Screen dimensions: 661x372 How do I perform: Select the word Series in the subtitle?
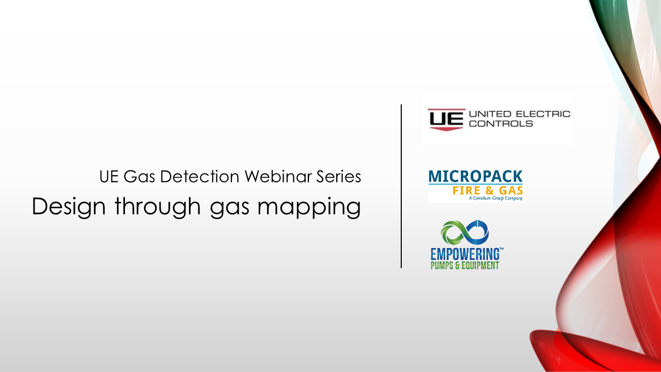pyautogui.click(x=339, y=177)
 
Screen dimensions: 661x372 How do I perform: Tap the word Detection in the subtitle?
pyautogui.click(x=199, y=177)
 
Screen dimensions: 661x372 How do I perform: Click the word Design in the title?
pyautogui.click(x=69, y=207)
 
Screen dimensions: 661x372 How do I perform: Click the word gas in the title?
pyautogui.click(x=230, y=209)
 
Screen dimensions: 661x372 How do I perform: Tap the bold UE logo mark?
pyautogui.click(x=446, y=119)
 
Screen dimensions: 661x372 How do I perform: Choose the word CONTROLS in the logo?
pyautogui.click(x=501, y=123)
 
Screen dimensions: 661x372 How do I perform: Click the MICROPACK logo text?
pyautogui.click(x=476, y=176)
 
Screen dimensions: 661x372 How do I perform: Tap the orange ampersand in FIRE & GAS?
pyautogui.click(x=489, y=191)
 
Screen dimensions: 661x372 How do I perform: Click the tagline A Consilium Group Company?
pyautogui.click(x=496, y=198)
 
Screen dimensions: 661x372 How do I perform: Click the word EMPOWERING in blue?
pyautogui.click(x=465, y=254)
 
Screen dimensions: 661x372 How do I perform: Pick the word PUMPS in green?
pyautogui.click(x=442, y=266)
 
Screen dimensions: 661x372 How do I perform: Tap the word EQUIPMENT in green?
pyautogui.click(x=480, y=266)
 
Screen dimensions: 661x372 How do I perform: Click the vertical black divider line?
pyautogui.click(x=401, y=186)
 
